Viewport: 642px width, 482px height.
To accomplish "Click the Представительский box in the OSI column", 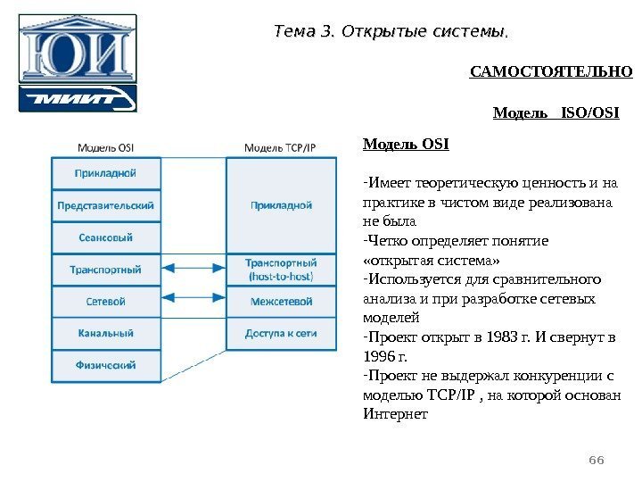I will pos(106,204).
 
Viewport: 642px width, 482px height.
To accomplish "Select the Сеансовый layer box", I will pos(106,237).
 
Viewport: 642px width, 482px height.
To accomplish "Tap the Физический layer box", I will pos(106,364).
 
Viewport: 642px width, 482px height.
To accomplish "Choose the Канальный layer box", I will pos(106,333).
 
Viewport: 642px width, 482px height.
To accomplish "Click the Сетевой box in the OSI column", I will pos(106,302).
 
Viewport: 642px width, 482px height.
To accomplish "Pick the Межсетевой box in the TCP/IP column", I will pos(281,302).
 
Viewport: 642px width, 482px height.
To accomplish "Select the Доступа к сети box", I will pos(281,333).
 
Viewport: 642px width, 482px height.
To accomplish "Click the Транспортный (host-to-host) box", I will pos(281,270).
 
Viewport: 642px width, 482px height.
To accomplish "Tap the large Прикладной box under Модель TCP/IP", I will pos(281,204).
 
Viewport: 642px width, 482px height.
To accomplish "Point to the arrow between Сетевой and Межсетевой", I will pos(193,302).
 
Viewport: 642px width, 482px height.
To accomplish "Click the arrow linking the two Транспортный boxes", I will pos(193,270).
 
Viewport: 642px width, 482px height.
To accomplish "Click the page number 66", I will pos(597,459).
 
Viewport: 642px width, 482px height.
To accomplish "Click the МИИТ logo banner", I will pos(78,98).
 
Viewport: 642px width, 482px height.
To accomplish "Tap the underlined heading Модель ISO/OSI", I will pos(556,113).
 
